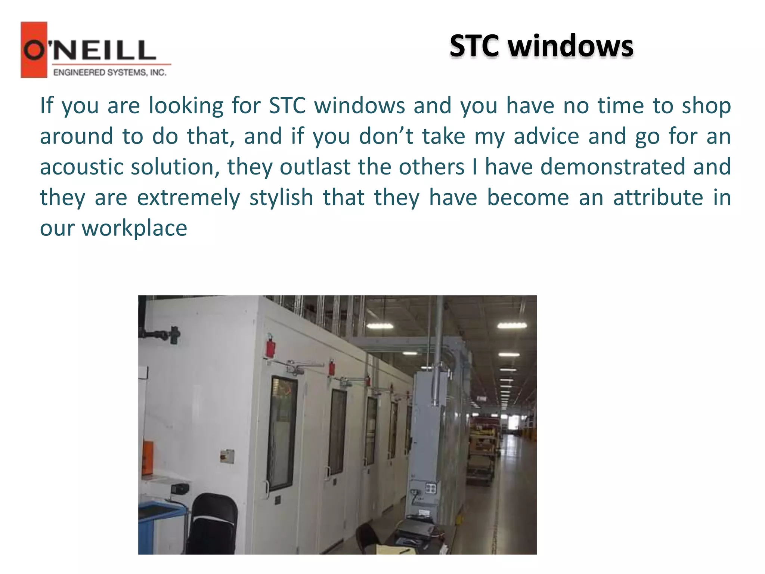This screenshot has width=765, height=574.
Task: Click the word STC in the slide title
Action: point(474,46)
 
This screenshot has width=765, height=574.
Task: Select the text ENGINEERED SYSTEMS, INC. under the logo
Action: point(110,72)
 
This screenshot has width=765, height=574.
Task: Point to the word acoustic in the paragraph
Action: point(81,167)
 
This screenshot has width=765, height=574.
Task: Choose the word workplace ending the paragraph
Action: point(134,228)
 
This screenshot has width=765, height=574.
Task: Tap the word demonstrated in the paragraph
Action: point(613,167)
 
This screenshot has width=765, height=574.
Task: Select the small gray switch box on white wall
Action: point(227,456)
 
